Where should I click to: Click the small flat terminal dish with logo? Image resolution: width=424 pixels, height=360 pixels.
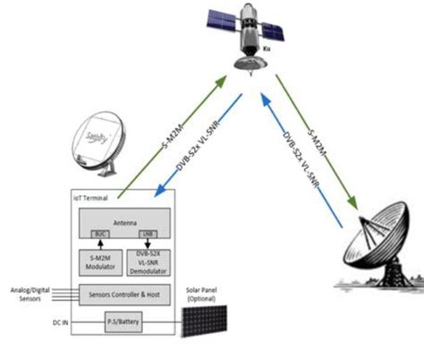pyautogui.click(x=98, y=139)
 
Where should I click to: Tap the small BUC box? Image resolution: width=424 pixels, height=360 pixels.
pyautogui.click(x=101, y=234)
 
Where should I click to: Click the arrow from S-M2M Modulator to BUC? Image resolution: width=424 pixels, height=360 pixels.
pyautogui.click(x=101, y=245)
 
